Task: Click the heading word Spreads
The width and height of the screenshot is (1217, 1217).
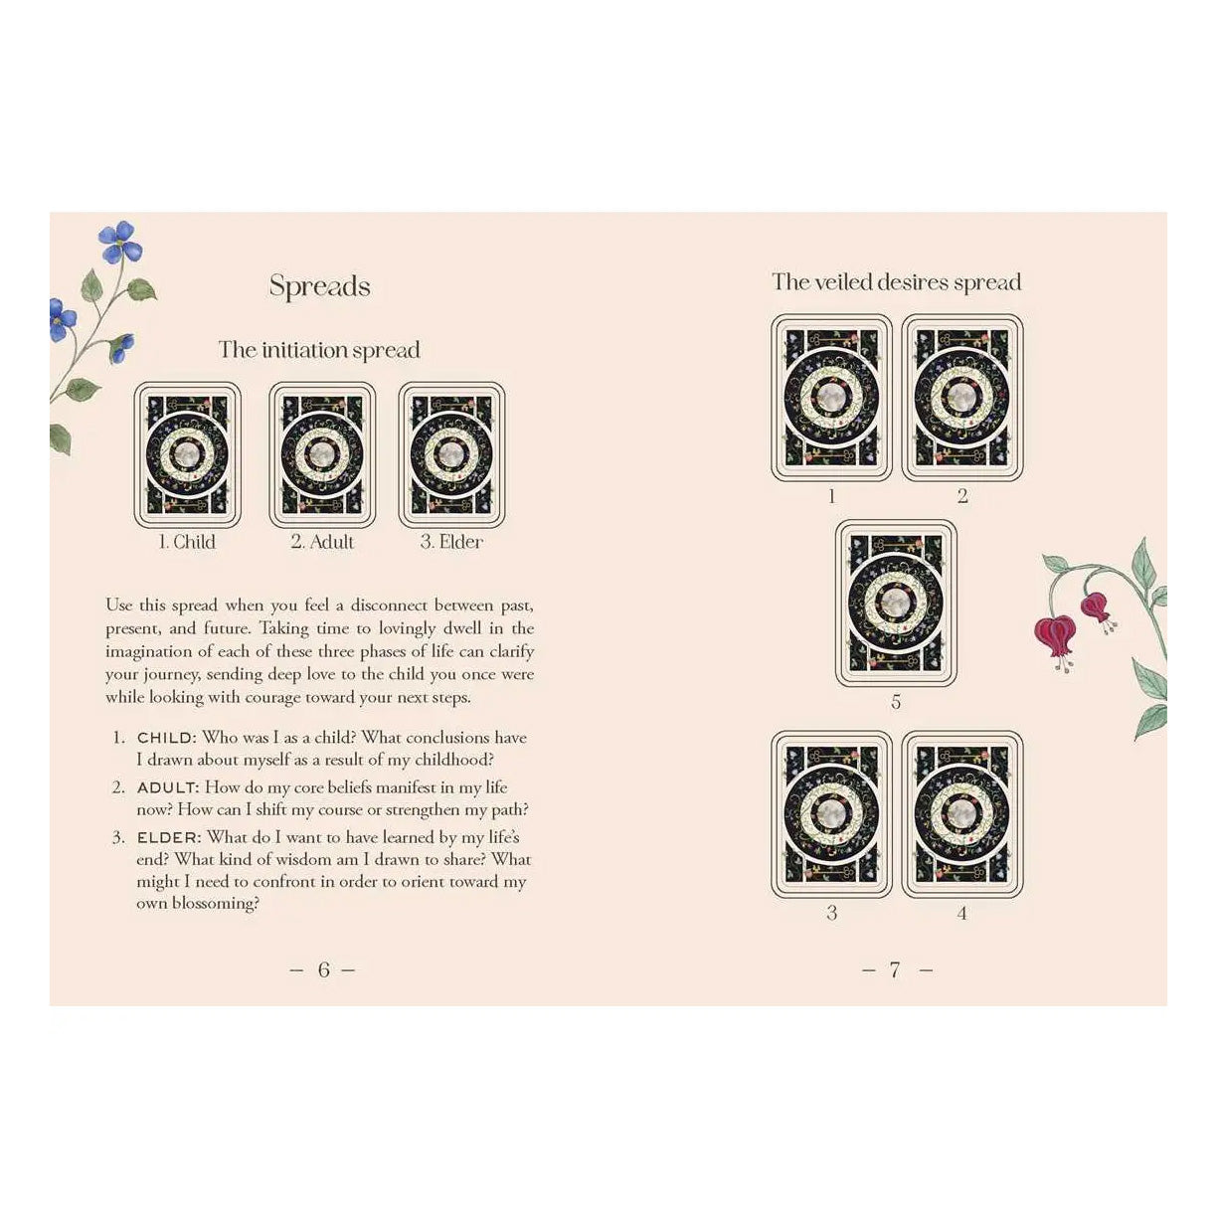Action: tap(319, 286)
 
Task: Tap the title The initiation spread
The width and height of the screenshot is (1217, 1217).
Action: tap(319, 350)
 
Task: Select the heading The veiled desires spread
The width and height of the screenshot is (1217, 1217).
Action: tap(896, 281)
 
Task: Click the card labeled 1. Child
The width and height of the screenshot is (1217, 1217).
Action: tap(188, 454)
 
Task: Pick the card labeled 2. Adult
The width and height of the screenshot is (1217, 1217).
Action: tap(322, 454)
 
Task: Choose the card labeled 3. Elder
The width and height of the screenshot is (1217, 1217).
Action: tap(451, 454)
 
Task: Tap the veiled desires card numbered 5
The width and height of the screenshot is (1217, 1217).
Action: tap(896, 604)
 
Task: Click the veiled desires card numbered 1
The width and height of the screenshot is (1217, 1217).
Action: tap(832, 398)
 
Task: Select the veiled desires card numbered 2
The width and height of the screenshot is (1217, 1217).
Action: tap(961, 398)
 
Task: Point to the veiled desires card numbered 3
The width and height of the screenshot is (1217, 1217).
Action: tap(832, 813)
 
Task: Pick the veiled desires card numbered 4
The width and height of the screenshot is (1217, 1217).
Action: tap(961, 813)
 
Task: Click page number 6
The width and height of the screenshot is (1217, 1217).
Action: tap(324, 969)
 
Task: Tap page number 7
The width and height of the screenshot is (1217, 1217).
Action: tap(895, 969)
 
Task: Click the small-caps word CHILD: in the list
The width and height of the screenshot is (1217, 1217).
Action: tap(167, 738)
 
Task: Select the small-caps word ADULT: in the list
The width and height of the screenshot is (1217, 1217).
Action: tap(169, 787)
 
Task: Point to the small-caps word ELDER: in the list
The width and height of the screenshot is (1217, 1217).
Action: tap(169, 837)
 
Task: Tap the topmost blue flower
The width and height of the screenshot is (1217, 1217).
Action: tap(120, 241)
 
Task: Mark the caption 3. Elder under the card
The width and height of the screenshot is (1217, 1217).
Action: tap(451, 542)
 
